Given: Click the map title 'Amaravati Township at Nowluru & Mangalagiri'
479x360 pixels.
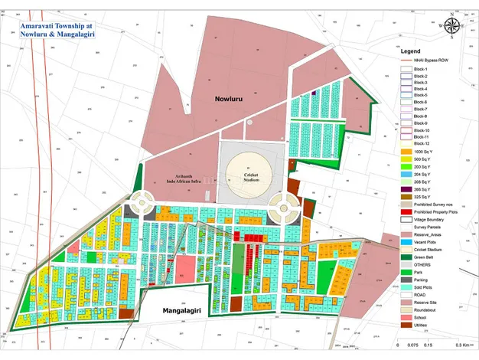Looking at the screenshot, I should (57, 29).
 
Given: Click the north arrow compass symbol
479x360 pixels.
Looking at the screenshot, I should (453, 28).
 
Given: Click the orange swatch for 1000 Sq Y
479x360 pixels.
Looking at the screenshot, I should (406, 152).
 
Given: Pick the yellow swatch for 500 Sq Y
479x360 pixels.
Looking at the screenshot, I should (406, 159).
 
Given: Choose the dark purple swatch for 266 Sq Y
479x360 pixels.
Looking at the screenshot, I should (406, 188).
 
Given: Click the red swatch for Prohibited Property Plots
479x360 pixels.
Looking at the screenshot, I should (406, 211).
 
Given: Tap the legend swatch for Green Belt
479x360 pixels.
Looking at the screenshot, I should (406, 257).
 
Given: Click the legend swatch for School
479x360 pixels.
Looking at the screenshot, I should (406, 316).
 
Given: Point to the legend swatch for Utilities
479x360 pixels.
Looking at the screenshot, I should (406, 324).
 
